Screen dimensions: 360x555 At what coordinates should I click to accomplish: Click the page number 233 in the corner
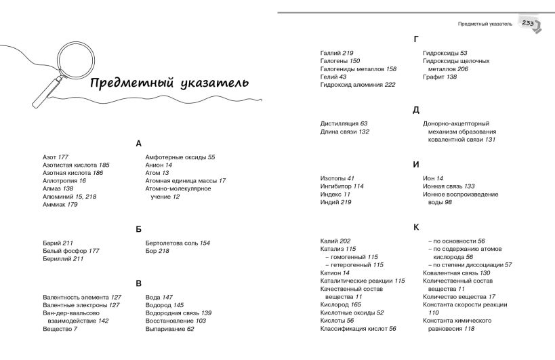pyautogui.click(x=529, y=23)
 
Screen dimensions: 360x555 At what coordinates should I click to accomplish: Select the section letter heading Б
pyautogui.click(x=139, y=229)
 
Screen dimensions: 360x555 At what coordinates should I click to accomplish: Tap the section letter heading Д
pyautogui.click(x=416, y=109)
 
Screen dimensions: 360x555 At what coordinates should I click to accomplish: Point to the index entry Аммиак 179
pyautogui.click(x=60, y=204)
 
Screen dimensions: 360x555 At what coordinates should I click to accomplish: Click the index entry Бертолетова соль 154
pyautogui.click(x=178, y=242)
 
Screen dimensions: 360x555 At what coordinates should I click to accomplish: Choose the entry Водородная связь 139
pyautogui.click(x=178, y=313)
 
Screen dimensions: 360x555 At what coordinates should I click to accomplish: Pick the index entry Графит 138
pyautogui.click(x=440, y=77)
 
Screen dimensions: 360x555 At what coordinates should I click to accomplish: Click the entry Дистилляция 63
pyautogui.click(x=344, y=123)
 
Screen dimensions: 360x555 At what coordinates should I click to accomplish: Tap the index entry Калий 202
pyautogui.click(x=335, y=241)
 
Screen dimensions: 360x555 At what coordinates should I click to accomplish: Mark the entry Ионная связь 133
pyautogui.click(x=449, y=186)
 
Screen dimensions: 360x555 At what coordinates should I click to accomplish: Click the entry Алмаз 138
pyautogui.click(x=58, y=188)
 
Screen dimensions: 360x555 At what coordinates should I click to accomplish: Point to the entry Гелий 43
pyautogui.click(x=333, y=77)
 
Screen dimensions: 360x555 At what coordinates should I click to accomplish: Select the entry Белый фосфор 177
pyautogui.click(x=70, y=250)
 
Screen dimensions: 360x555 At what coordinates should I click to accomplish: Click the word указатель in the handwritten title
pyautogui.click(x=209, y=83)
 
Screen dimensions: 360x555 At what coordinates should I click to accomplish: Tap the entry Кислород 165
pyautogui.click(x=340, y=304)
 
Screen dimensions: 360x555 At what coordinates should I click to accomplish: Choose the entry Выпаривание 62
pyautogui.click(x=170, y=329)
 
